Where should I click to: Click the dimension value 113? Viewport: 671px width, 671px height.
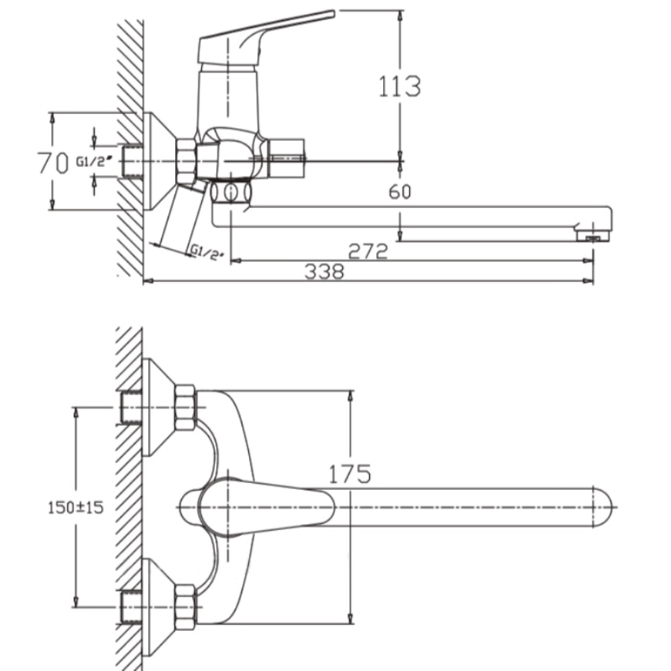coord(400,86)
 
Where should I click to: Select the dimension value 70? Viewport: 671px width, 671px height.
coord(53,163)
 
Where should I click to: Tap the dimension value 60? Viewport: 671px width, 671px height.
coord(400,192)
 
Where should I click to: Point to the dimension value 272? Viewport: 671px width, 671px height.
coord(368,251)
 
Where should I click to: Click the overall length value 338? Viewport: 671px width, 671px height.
coord(324,272)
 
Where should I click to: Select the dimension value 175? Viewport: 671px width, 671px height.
coord(350,474)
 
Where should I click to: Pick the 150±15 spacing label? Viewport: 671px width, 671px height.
coord(75,507)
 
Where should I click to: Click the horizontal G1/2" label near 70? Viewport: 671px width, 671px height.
coord(95,161)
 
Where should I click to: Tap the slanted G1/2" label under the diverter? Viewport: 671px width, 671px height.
coord(207,252)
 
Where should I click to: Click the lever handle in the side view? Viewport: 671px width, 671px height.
coord(265,38)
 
